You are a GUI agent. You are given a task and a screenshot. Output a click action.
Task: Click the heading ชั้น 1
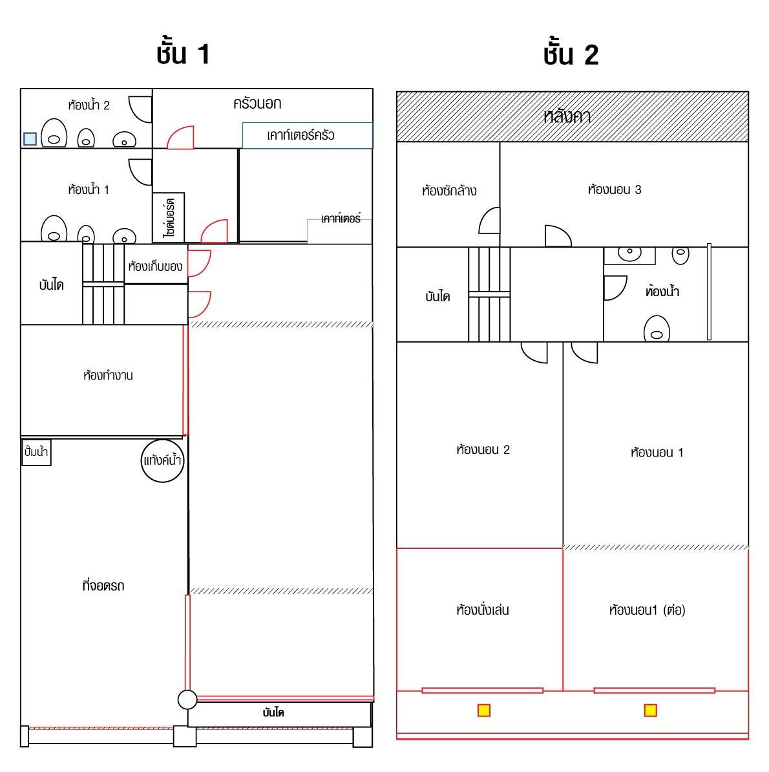[x=184, y=53]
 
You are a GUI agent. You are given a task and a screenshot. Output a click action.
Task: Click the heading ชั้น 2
[x=571, y=53]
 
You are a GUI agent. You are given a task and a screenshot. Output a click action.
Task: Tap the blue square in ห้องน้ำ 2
[x=30, y=139]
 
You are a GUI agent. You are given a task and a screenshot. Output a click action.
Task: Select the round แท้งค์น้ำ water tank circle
[x=162, y=460]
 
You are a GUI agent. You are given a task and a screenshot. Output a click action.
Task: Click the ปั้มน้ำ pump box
[x=36, y=452]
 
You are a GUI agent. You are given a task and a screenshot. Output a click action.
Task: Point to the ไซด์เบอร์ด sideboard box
[x=169, y=218]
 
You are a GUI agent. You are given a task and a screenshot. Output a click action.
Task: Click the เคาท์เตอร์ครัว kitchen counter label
[x=300, y=135]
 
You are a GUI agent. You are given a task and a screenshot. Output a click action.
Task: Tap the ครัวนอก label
[x=257, y=103]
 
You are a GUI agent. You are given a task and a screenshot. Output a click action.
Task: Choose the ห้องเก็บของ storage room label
[x=155, y=266]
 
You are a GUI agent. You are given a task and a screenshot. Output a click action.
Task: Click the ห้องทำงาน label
[x=108, y=375]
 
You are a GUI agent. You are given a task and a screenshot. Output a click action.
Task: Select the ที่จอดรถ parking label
[x=103, y=585]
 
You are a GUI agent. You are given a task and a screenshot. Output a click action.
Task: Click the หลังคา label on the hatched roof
[x=567, y=116]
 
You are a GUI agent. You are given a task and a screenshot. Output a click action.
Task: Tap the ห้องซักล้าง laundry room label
[x=449, y=191]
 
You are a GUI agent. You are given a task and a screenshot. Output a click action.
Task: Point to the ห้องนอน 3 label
[x=615, y=189]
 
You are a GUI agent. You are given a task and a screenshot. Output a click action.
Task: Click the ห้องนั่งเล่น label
[x=483, y=610]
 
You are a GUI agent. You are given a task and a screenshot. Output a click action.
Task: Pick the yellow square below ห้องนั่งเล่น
[x=484, y=710]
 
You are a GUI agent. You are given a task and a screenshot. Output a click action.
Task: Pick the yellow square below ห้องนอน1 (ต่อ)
[x=651, y=710]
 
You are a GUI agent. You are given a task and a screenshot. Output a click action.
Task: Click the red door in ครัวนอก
[x=180, y=137]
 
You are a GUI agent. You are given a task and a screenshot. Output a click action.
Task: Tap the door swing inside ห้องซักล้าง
[x=490, y=220]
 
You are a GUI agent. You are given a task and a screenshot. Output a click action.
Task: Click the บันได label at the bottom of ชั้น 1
[x=273, y=713]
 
